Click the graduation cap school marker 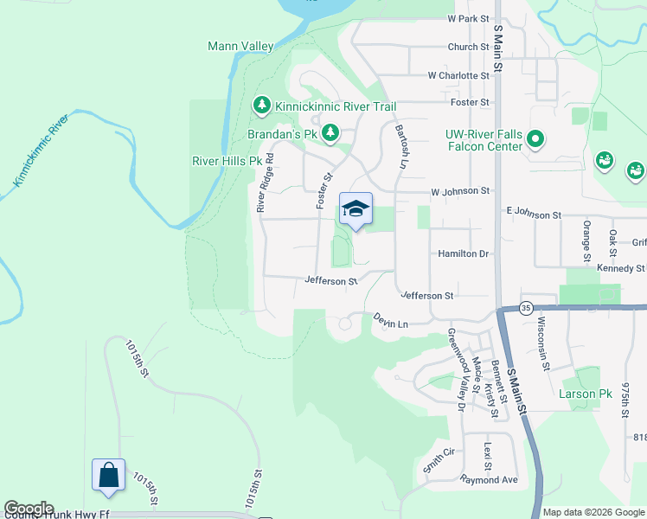tap(356, 208)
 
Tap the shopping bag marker tap(108, 475)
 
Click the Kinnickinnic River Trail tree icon tap(261, 106)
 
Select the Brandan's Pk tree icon tap(330, 132)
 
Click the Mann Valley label tap(240, 46)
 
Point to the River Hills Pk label tap(226, 161)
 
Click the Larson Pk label tap(585, 394)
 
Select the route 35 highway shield tap(525, 307)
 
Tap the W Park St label tap(468, 18)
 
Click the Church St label tap(468, 47)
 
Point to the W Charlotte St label tap(458, 75)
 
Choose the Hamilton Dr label tap(464, 253)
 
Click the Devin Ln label tap(390, 321)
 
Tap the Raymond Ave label tap(489, 479)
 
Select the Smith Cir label tap(439, 458)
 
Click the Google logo tap(29, 509)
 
